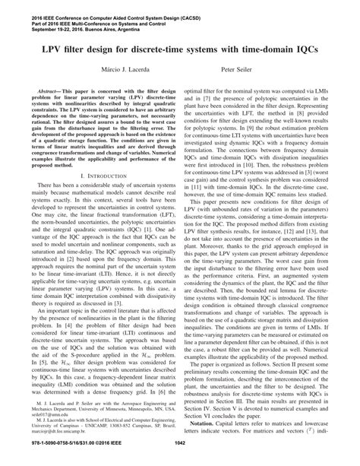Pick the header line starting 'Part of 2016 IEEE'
(x=85, y=12)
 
